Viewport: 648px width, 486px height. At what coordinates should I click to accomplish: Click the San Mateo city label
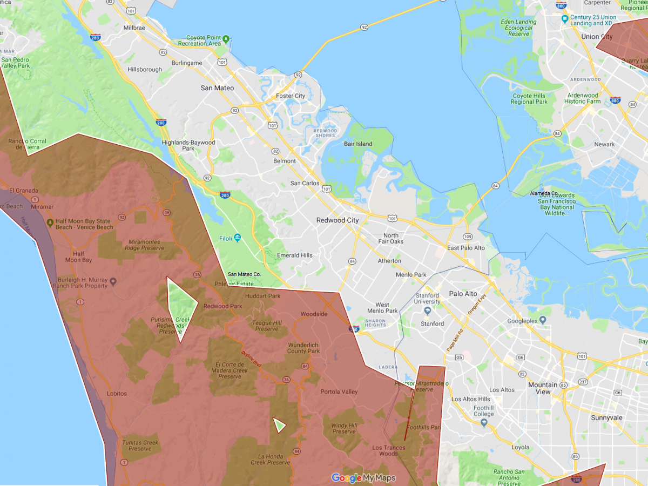coord(217,88)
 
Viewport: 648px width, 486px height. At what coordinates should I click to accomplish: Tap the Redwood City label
coord(337,220)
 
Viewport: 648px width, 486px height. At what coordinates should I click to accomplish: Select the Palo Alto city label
coord(463,294)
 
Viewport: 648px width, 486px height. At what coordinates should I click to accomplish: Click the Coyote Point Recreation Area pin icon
coord(226,39)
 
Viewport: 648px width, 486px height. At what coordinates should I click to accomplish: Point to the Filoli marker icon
coord(238,238)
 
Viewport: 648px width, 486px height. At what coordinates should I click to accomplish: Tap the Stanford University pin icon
coord(428,310)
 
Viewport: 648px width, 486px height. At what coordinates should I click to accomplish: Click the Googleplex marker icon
coord(543,320)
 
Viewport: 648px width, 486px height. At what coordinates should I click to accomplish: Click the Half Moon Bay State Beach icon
coord(50,222)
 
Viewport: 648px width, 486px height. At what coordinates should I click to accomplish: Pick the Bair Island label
coord(358,144)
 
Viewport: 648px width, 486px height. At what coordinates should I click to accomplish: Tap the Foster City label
coord(291,96)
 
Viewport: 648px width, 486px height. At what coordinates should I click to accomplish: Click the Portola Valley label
coord(339,391)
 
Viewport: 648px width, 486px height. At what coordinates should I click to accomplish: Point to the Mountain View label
coord(543,388)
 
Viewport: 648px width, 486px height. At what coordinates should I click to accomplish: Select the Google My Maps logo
coord(363,478)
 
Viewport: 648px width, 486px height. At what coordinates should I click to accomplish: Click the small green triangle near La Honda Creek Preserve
coord(279,425)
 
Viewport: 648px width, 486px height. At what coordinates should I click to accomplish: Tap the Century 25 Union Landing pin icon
coord(565,19)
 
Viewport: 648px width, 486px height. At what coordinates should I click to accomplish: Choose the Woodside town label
coord(314,314)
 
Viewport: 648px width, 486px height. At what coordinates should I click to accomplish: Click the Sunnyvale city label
coord(606,418)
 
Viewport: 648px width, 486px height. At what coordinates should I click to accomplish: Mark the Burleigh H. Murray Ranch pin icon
coord(113,281)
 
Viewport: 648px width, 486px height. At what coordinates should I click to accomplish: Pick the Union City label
coord(597,37)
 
